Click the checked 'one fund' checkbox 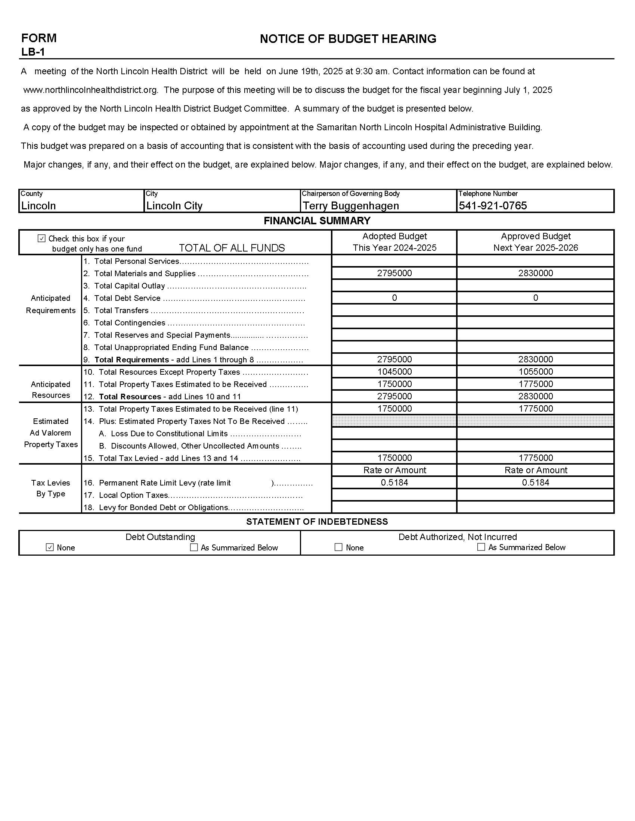42,238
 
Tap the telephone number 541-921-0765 493,206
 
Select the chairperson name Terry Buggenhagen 351,206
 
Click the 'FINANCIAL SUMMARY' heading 317,221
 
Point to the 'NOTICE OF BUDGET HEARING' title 348,39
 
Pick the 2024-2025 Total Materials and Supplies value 394,273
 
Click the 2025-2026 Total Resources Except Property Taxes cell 535,372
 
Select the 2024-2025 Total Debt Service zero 394,298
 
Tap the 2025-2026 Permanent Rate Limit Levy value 535,482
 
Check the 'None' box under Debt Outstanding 50,547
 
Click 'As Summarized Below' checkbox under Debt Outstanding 194,547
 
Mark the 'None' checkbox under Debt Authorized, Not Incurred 338,547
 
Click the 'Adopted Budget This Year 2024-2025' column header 394,242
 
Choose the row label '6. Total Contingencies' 130,322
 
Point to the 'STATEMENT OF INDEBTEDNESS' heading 317,521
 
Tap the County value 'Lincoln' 38,206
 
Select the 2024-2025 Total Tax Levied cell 394,458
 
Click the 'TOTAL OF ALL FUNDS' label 232,248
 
